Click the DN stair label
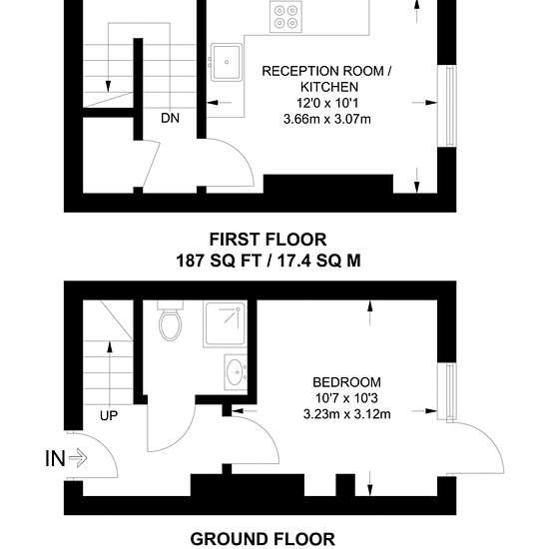tap(170, 118)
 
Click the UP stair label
tap(109, 415)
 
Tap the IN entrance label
tap(55, 458)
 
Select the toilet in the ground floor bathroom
tap(170, 320)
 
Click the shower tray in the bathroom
tap(225, 323)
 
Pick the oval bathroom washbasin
tap(236, 372)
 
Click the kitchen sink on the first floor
tap(227, 62)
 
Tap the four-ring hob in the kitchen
tap(285, 16)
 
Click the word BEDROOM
tap(346, 382)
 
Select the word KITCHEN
tap(329, 87)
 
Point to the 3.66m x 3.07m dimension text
tap(327, 120)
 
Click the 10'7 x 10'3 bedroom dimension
tap(346, 398)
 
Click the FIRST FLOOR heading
tap(268, 240)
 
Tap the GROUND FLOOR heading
tap(263, 539)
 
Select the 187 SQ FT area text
tap(219, 261)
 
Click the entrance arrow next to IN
tap(78, 458)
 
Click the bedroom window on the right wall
tap(451, 391)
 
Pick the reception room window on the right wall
tap(451, 106)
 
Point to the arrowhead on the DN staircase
tap(108, 86)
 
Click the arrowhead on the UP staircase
tap(110, 347)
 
